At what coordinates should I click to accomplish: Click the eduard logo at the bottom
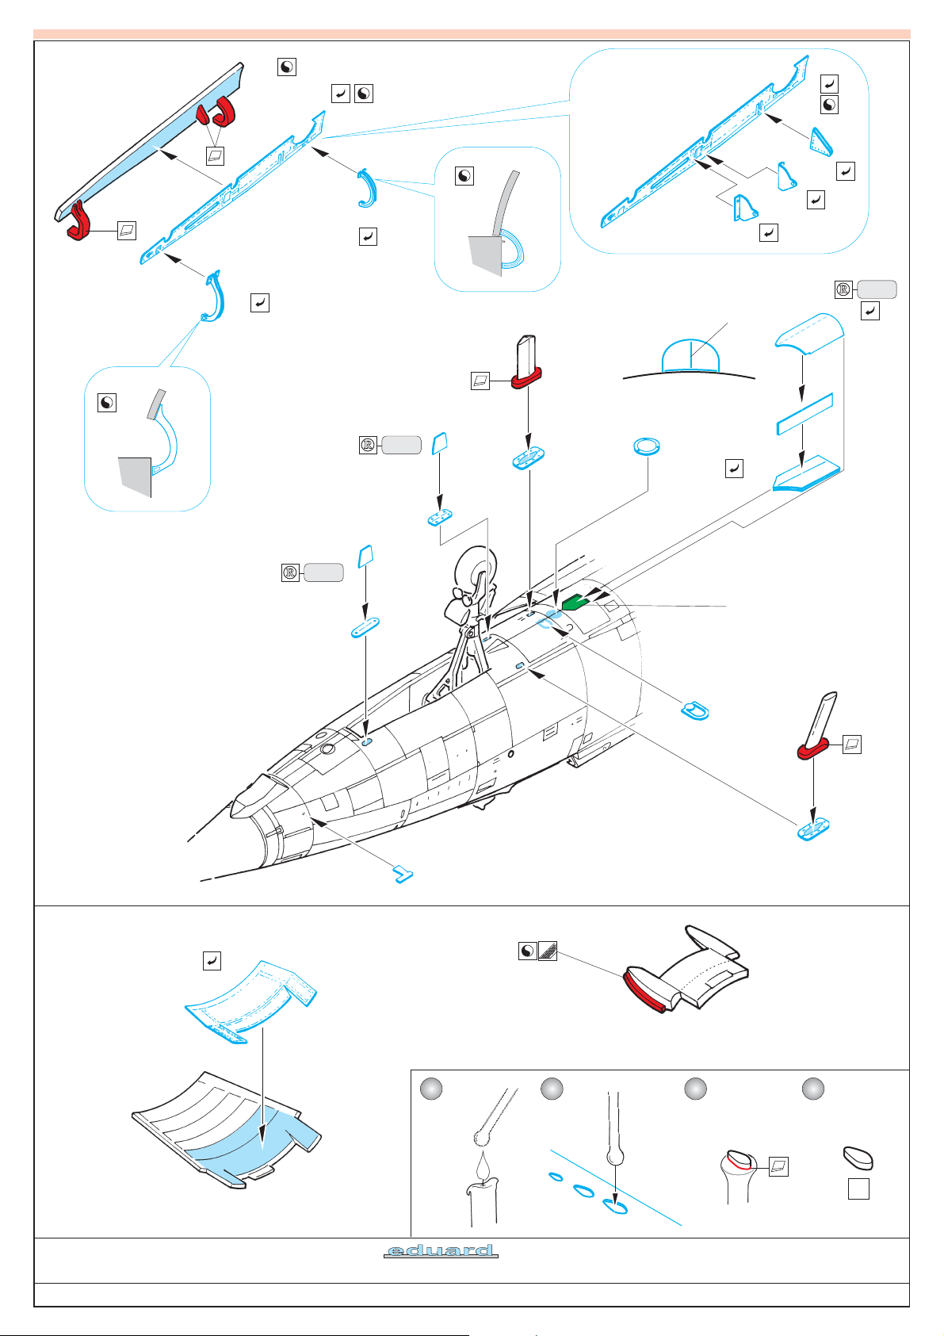(440, 1250)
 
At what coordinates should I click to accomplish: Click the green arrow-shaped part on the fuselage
(575, 603)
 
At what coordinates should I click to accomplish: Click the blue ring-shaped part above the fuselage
(647, 446)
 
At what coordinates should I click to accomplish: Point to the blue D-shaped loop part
(695, 710)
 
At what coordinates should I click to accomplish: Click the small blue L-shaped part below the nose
(403, 875)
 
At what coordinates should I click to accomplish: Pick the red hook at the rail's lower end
(78, 220)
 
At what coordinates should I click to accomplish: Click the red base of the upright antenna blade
(526, 377)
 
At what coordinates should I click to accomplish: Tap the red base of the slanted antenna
(812, 748)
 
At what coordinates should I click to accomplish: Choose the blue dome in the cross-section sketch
(690, 356)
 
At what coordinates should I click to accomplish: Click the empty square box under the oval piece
(858, 1189)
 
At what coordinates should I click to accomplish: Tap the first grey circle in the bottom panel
(431, 1089)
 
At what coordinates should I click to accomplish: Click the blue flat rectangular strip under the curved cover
(805, 413)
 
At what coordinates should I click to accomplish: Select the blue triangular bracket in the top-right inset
(821, 142)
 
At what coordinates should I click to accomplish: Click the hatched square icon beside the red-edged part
(548, 951)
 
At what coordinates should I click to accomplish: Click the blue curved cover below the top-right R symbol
(809, 333)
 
